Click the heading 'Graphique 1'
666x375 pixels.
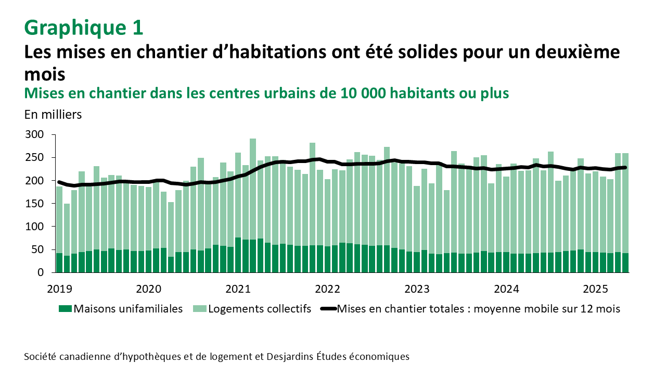(83, 27)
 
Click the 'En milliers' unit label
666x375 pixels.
(53, 115)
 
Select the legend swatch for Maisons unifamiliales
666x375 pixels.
(64, 309)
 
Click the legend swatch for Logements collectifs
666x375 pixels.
(199, 309)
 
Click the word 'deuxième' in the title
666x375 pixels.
(578, 53)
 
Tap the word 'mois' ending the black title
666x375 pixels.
(45, 73)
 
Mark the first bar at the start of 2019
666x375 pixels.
(59, 229)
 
